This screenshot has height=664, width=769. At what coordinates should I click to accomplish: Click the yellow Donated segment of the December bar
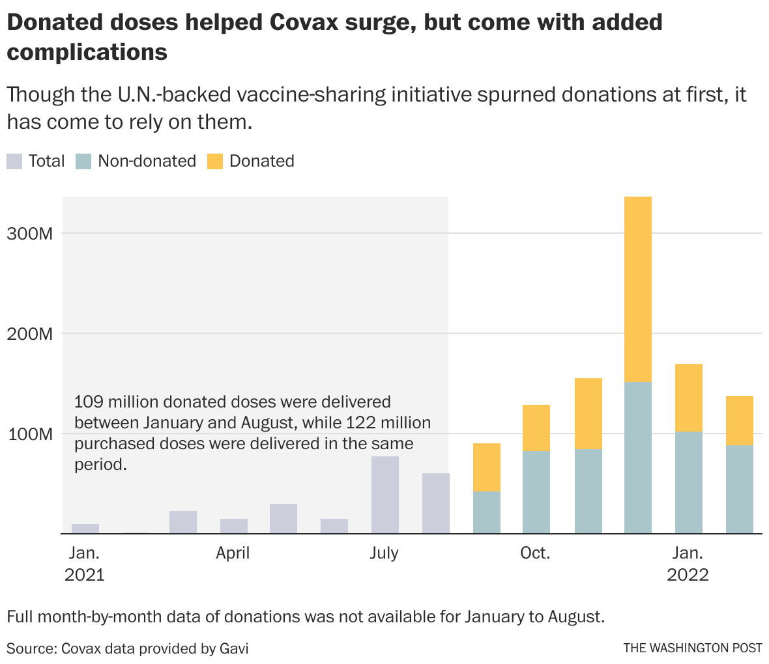[x=637, y=290]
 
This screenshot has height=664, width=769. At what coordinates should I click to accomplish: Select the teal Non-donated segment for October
[x=536, y=493]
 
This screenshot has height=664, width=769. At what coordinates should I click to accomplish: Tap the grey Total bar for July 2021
[x=385, y=495]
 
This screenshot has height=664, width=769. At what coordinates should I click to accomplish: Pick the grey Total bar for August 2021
[x=436, y=503]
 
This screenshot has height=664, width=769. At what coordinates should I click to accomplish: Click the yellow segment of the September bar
[x=486, y=467]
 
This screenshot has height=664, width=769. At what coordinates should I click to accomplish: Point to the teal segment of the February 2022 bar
[x=740, y=490]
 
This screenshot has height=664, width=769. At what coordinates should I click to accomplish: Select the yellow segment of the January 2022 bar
[x=689, y=398]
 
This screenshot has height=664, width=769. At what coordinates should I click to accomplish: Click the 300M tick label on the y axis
[x=29, y=234]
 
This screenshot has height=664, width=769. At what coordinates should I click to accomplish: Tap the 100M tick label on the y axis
[x=29, y=434]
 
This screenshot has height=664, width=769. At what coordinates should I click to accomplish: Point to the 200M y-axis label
[x=29, y=334]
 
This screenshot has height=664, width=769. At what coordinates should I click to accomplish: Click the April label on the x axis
[x=233, y=554]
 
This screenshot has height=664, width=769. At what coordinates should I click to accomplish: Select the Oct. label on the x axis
[x=535, y=554]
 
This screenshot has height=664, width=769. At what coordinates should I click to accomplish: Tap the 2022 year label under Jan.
[x=688, y=576]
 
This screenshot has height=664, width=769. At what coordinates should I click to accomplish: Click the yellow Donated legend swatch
[x=215, y=161]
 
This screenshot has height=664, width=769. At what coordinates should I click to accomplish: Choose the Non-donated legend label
[x=147, y=161]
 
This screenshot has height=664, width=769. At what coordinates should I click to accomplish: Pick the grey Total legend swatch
[x=14, y=161]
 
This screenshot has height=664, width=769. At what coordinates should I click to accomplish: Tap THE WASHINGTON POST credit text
[x=692, y=648]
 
